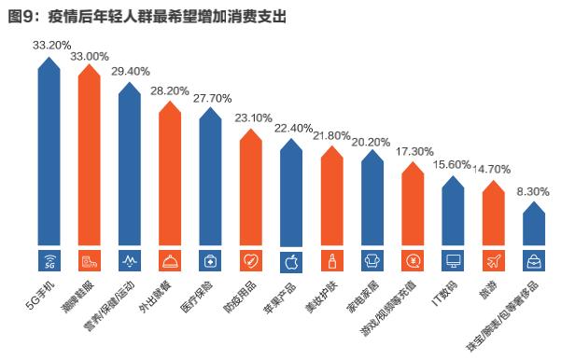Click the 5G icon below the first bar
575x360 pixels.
[x=50, y=259]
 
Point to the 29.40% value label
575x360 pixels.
[x=130, y=71]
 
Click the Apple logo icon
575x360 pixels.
[x=291, y=259]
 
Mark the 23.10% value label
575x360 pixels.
[x=251, y=118]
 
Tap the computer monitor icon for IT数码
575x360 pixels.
[x=453, y=259]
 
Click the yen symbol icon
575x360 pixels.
[x=413, y=259]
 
